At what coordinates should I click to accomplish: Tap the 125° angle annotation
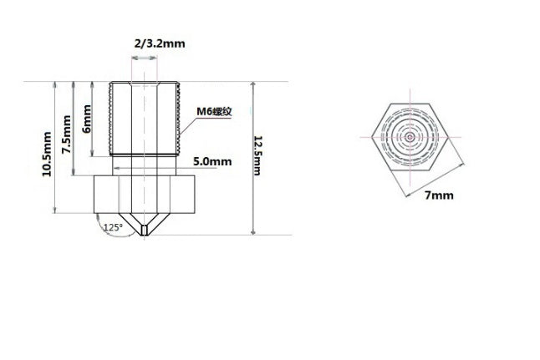tap(111, 226)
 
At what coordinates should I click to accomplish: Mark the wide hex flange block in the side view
tap(145, 194)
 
